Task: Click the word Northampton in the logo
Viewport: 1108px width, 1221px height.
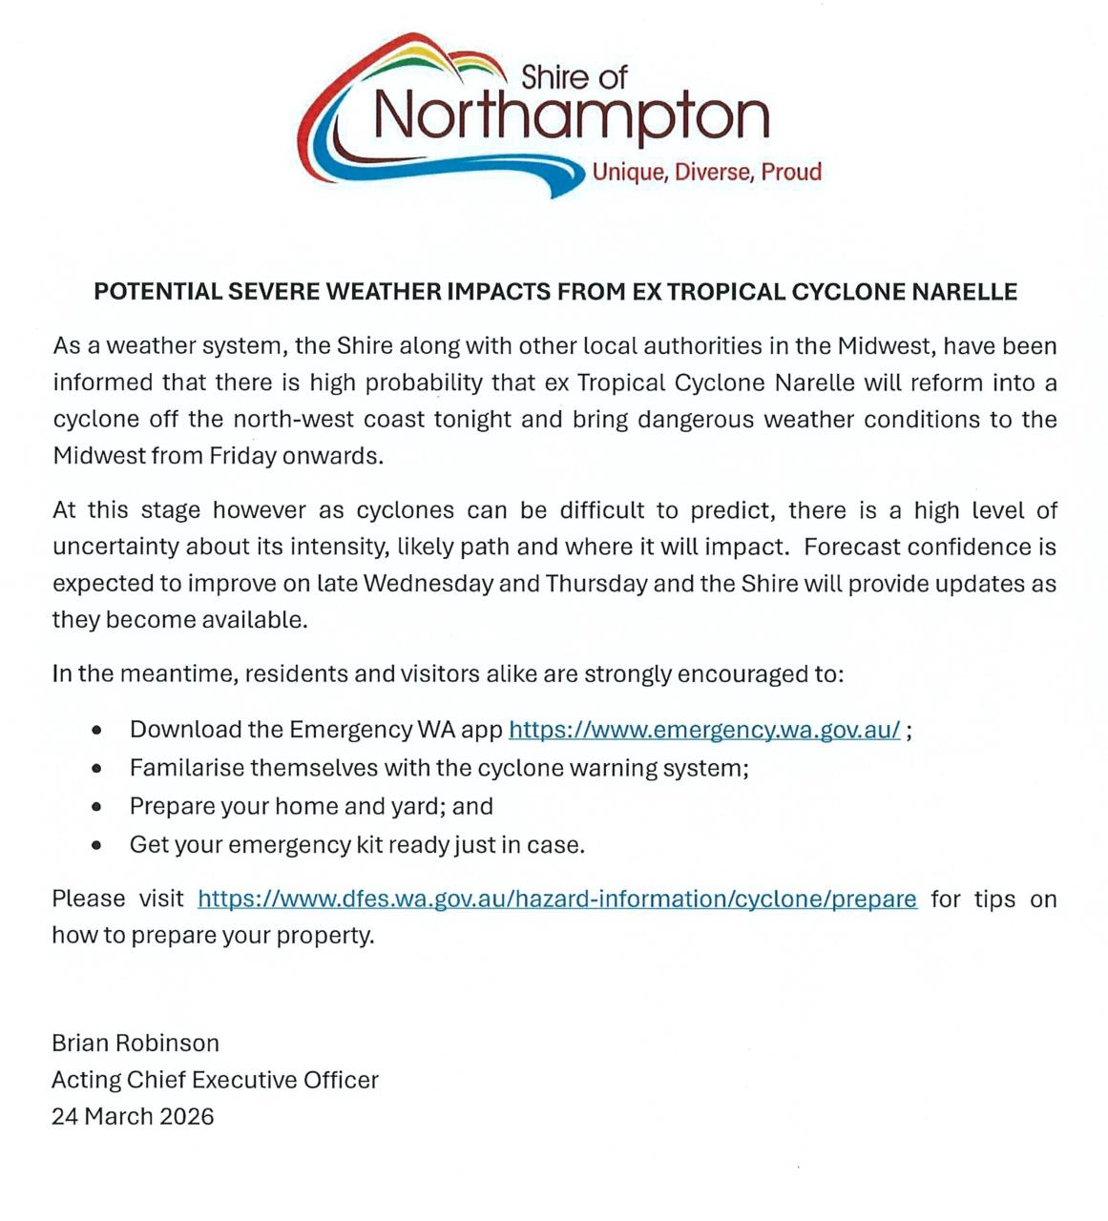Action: pos(571,116)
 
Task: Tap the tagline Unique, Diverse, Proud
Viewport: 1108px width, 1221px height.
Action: pos(706,172)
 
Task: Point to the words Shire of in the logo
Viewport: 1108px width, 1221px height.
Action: pos(574,76)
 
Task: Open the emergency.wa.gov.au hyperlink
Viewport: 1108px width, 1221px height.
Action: pos(704,730)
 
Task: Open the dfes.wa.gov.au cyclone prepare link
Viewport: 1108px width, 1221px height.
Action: pos(557,899)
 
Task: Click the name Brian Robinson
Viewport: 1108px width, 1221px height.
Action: pos(136,1043)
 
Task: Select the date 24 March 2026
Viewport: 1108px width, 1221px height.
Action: pos(133,1116)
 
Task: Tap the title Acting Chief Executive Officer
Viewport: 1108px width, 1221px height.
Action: pos(215,1080)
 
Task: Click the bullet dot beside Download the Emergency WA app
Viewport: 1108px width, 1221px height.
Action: pos(96,731)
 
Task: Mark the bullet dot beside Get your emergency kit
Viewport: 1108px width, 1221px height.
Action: pos(96,845)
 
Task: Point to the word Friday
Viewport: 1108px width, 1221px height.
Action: pos(242,456)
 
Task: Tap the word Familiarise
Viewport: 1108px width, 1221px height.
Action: pos(187,768)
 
